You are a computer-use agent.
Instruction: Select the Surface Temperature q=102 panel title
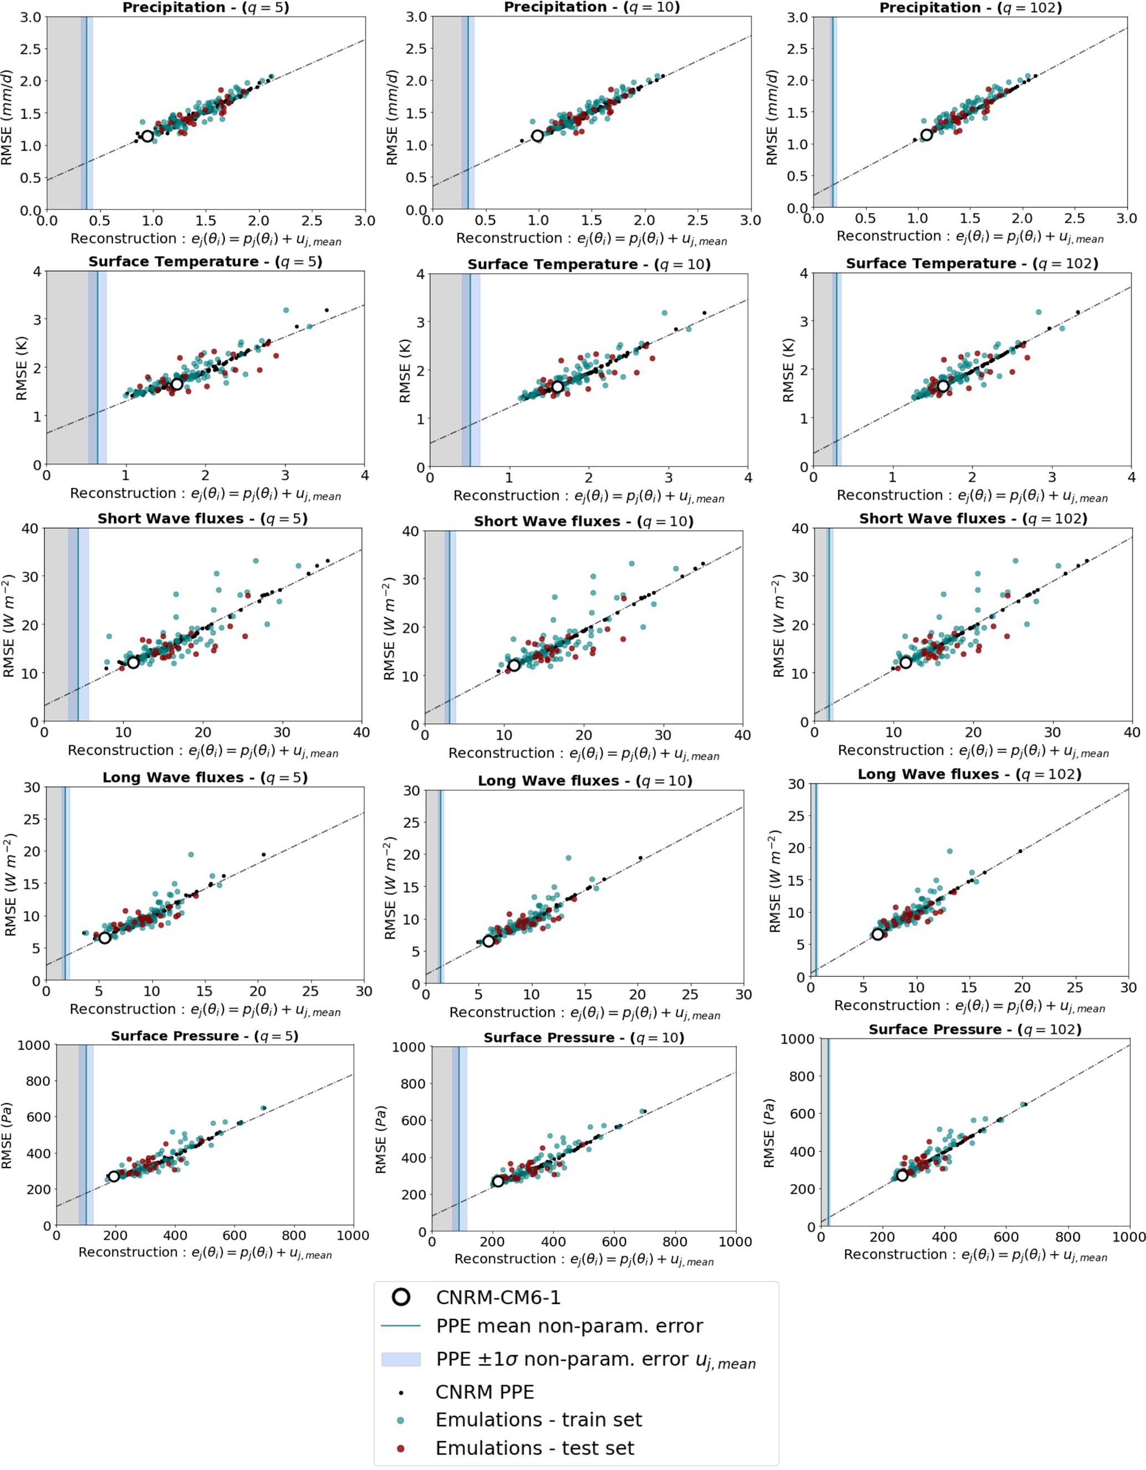pos(971,263)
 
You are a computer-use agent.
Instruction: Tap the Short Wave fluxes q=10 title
pos(583,521)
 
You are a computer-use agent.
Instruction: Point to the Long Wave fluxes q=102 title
pos(969,774)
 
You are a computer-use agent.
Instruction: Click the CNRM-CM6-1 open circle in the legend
pos(401,1297)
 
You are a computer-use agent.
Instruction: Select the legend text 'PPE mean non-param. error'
pos(569,1326)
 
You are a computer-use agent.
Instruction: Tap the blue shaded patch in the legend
pos(401,1360)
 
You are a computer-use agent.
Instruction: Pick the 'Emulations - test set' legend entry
pos(534,1448)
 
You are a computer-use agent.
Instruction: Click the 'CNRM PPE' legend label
pos(485,1392)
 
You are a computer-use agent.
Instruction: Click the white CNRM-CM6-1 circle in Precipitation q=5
pos(147,136)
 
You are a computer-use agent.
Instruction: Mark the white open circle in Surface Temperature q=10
pos(557,387)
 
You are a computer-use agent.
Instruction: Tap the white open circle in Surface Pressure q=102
pos(901,1175)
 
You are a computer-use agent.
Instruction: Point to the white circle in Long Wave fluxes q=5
pos(104,938)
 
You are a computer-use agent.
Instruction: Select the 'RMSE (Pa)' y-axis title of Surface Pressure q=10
pos(381,1140)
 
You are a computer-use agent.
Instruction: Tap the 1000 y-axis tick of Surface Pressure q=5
pos(34,1045)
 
